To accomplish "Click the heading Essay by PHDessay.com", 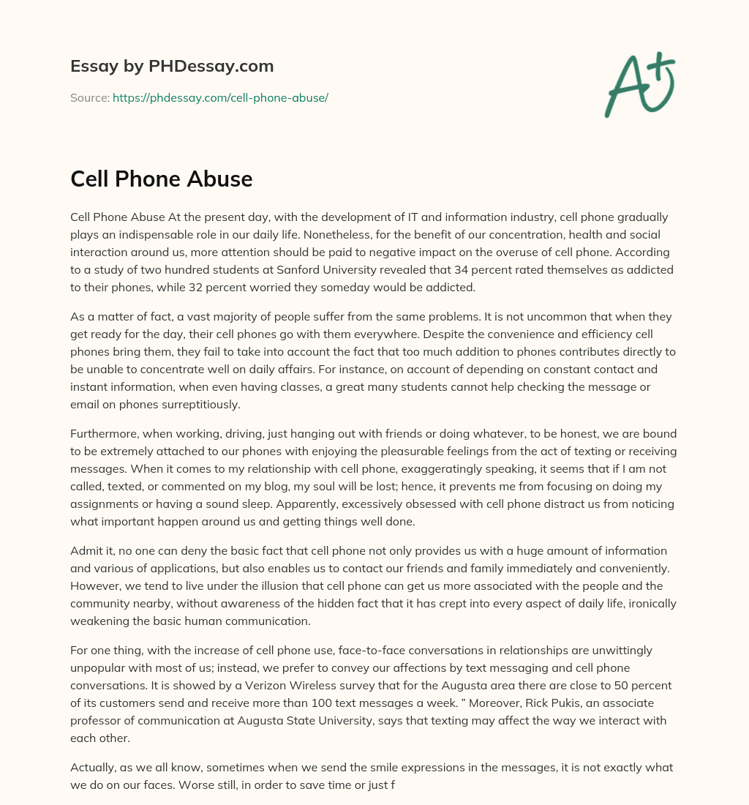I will click(x=172, y=67).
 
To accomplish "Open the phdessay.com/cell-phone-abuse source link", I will click(x=220, y=97).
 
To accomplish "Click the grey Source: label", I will click(x=89, y=97).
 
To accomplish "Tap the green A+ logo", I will click(x=639, y=84).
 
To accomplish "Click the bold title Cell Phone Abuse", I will click(x=161, y=179).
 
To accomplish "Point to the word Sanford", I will click(x=286, y=269).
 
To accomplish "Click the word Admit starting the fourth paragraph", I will click(x=86, y=550).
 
